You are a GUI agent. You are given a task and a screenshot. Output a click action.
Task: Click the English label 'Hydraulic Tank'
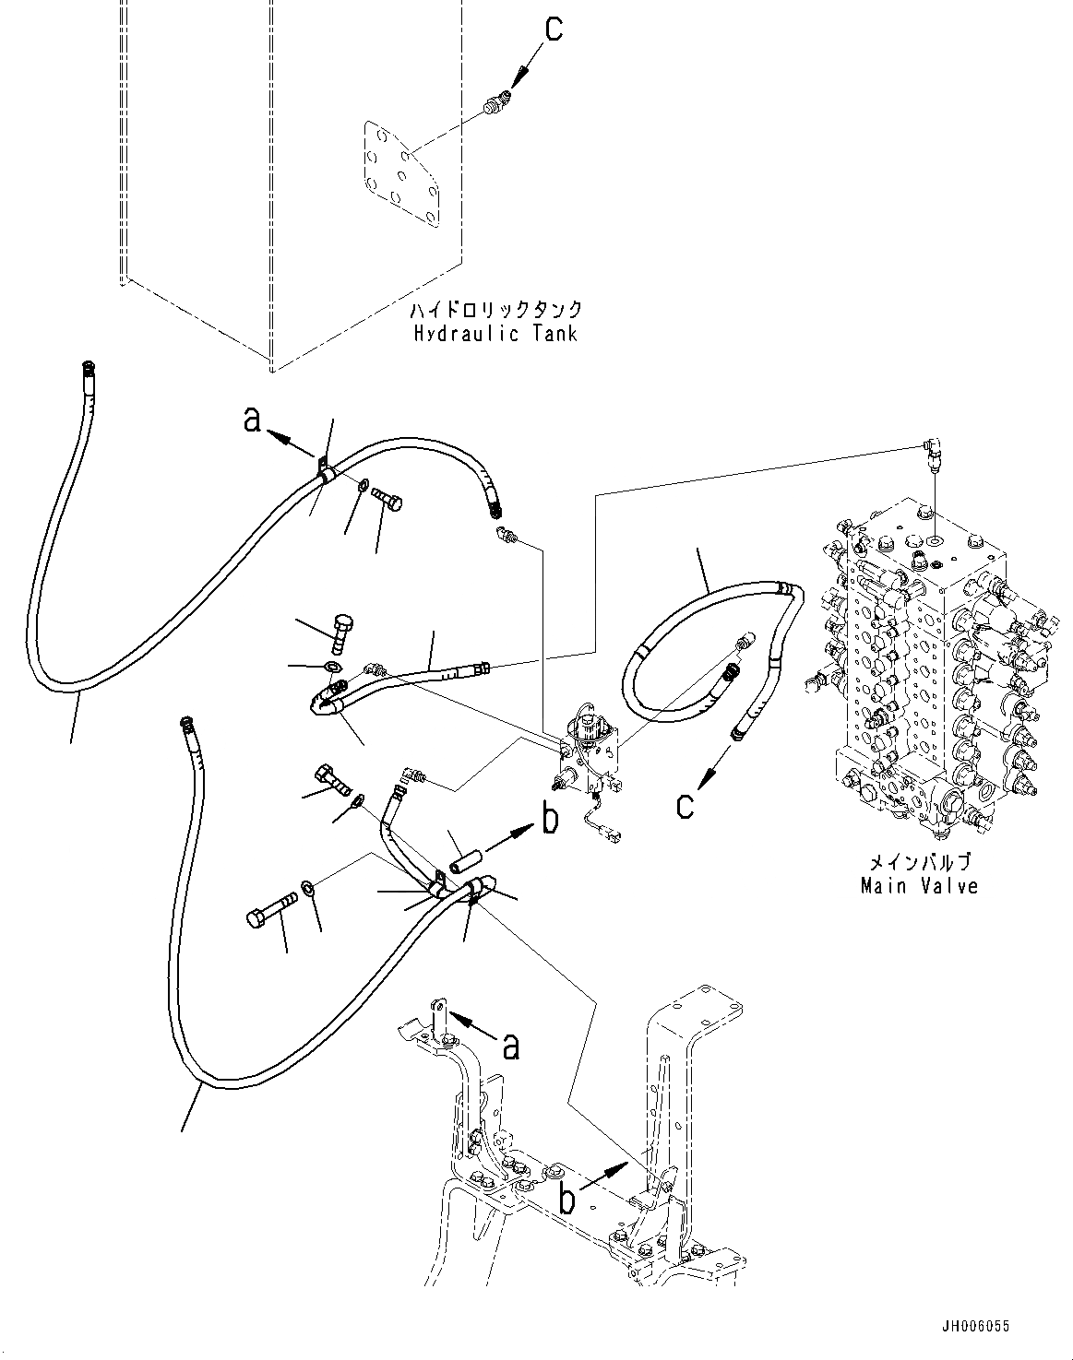point(495,333)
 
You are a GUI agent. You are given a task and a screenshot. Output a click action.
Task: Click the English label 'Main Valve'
point(919,886)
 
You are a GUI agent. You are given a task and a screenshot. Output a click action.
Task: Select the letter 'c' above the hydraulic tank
point(553,29)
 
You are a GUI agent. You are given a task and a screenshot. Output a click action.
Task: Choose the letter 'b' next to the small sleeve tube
point(550,819)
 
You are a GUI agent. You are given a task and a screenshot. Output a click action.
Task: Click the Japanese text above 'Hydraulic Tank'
point(495,310)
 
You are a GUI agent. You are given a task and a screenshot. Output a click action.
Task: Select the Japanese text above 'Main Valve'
point(919,863)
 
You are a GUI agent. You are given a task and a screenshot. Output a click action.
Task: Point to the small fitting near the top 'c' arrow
point(495,105)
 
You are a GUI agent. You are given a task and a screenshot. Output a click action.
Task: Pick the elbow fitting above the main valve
point(933,454)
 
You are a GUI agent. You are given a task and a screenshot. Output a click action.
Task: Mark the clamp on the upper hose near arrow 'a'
point(324,470)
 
